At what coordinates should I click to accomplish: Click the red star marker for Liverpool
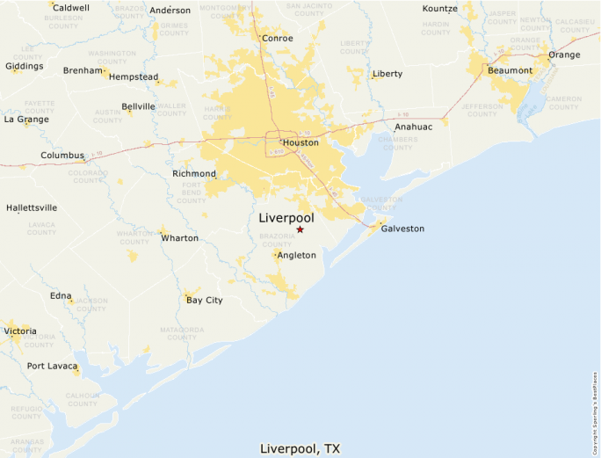300,229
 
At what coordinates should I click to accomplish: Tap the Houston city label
300,142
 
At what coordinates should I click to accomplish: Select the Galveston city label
402,229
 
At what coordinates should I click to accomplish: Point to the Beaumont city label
510,70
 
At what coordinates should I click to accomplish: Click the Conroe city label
278,38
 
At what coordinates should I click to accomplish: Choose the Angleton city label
296,255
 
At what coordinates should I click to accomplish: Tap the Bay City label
205,300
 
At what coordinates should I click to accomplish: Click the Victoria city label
21,331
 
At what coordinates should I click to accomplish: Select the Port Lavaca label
49,366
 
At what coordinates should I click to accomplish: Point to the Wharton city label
179,238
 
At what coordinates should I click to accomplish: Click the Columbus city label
62,156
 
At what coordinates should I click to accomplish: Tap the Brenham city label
83,70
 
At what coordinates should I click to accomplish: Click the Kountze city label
440,9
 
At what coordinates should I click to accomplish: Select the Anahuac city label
413,127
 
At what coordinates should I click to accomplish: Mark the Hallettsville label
32,207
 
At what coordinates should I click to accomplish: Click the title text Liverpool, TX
300,448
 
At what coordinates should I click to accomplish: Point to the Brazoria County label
278,240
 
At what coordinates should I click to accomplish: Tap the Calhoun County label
82,401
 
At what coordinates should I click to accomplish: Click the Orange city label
564,55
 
